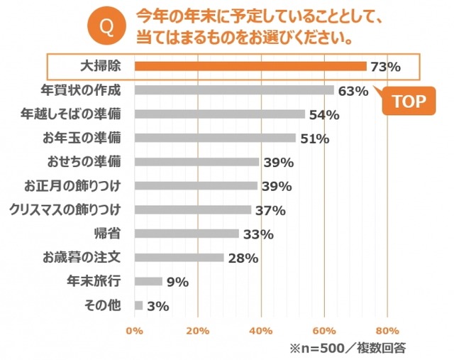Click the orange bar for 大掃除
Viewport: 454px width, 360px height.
(250, 66)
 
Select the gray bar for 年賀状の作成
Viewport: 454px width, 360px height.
(233, 90)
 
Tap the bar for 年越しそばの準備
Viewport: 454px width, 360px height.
(219, 114)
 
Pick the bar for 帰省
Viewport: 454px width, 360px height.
(186, 234)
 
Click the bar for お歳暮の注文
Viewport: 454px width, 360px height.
(179, 258)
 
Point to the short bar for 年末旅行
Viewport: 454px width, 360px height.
(148, 281)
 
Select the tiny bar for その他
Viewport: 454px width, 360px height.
(138, 305)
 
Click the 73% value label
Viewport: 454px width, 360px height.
(385, 67)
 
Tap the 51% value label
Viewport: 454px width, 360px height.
(314, 138)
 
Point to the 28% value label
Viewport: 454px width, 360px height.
(243, 258)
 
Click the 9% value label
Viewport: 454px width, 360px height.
(177, 282)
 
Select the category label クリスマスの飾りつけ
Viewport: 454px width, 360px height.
(65, 209)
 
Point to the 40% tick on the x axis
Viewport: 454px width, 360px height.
(261, 330)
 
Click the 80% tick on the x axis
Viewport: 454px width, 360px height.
(387, 330)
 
